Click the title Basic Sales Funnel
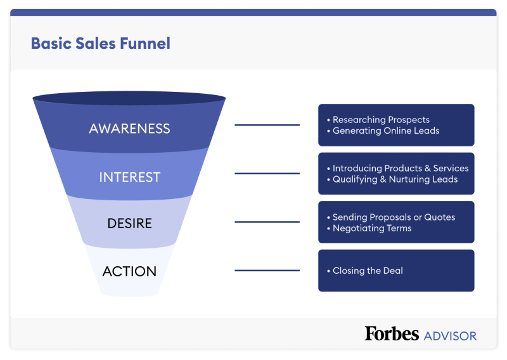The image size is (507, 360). coord(100,43)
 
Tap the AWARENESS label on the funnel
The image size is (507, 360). coord(129,129)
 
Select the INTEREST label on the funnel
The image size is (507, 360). coord(129,177)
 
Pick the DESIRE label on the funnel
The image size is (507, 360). coord(129,224)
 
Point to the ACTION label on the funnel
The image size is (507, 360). coord(129,271)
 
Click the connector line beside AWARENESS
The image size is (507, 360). coord(267,125)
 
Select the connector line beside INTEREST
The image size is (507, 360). coord(267,174)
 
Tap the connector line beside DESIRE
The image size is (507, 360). coord(267,222)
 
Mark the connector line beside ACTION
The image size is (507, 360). coord(267,271)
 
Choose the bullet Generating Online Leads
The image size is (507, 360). coord(386,131)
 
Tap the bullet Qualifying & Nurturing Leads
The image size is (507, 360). coord(395,179)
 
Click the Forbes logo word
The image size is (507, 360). coord(392,333)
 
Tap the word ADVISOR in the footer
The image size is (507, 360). coord(450,335)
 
